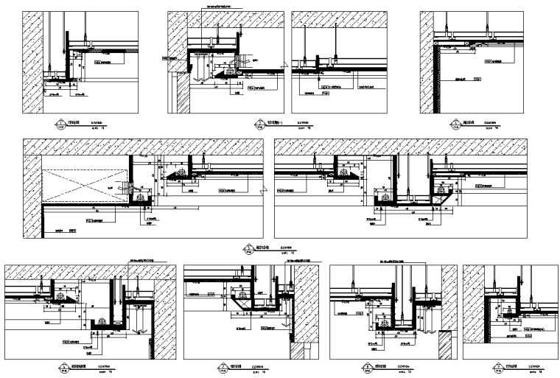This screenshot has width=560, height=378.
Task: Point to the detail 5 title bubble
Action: pyautogui.click(x=249, y=248)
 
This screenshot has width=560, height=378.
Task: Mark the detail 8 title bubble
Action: pyautogui.click(x=366, y=367)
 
